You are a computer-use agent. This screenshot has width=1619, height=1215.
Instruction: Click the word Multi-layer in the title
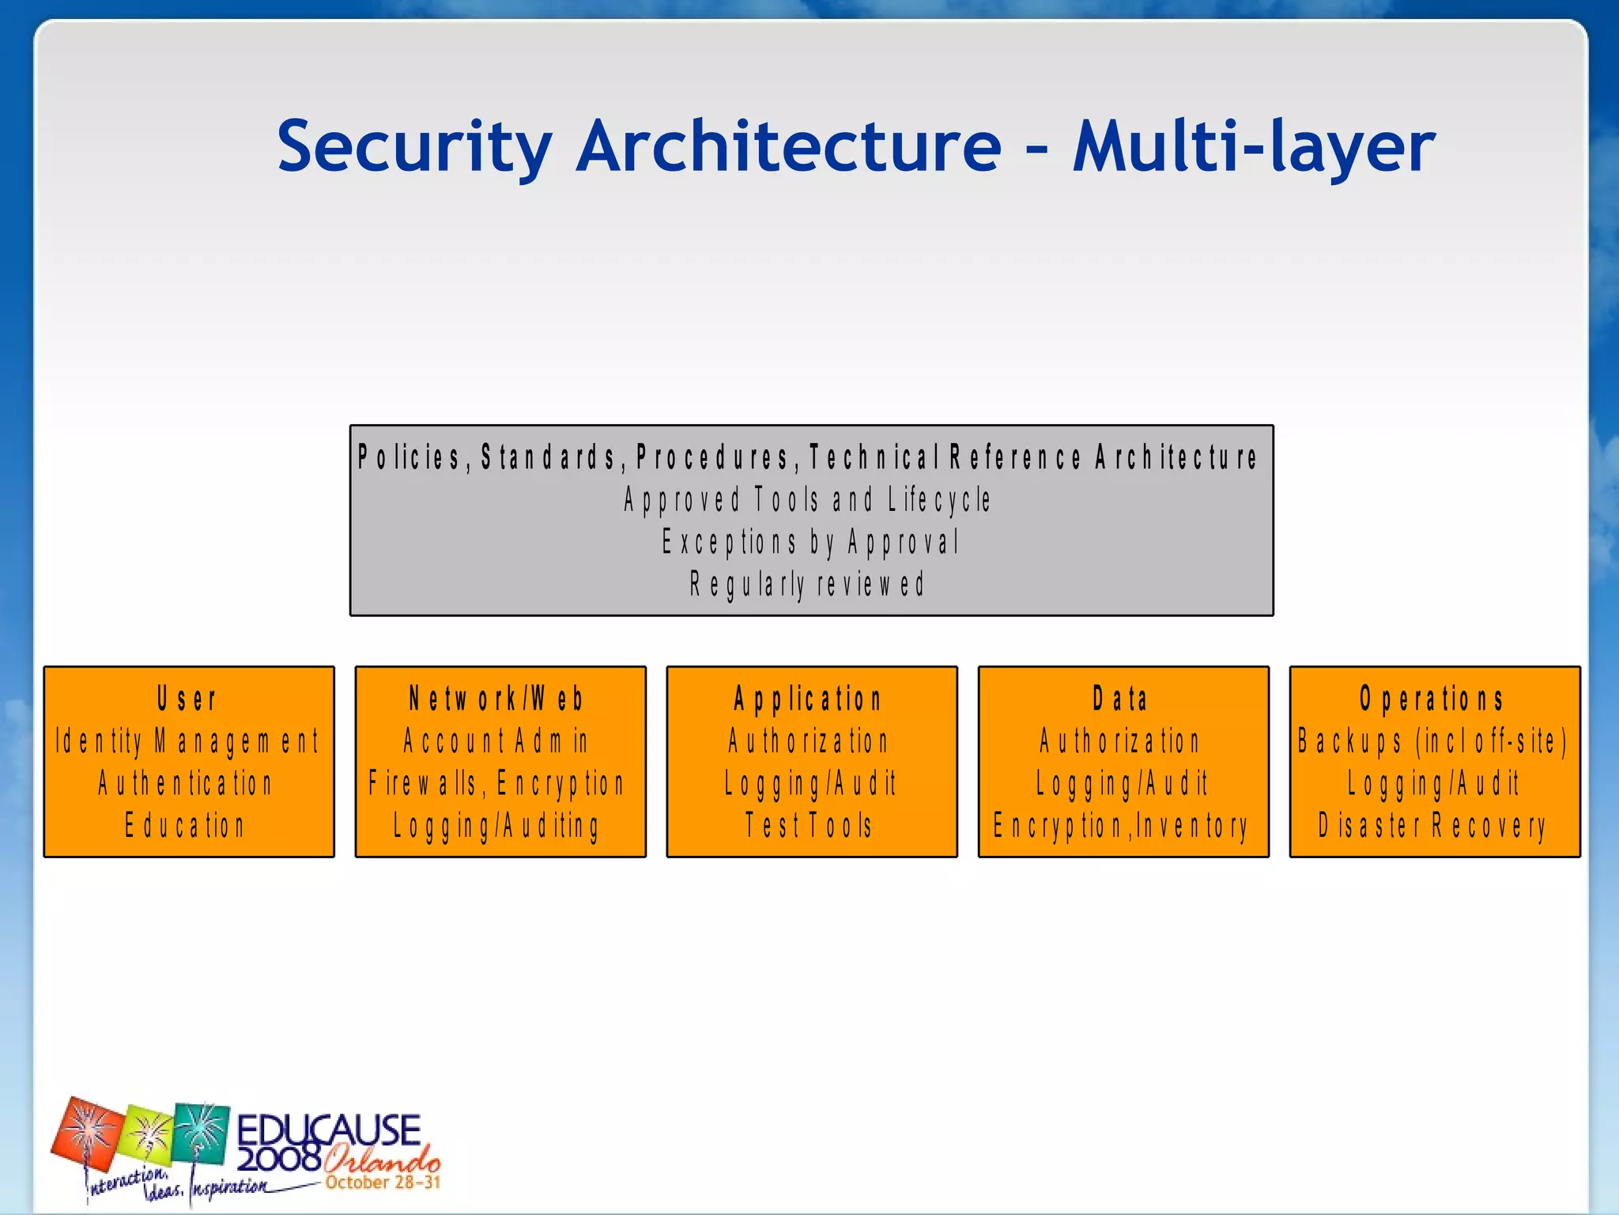click(x=1253, y=146)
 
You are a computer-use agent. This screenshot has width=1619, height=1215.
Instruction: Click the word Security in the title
click(x=414, y=146)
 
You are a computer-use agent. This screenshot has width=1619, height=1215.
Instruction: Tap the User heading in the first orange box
click(x=187, y=699)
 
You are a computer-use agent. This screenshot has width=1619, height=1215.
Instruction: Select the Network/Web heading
click(x=497, y=699)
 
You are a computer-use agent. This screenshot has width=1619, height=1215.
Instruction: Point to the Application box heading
click(x=808, y=699)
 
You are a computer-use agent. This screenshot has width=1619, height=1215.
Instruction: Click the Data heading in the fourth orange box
click(x=1121, y=699)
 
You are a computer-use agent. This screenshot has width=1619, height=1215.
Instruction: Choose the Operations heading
click(x=1432, y=699)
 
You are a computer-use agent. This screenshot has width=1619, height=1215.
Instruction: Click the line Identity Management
click(x=187, y=742)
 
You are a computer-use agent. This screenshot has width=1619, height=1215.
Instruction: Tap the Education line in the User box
click(x=186, y=826)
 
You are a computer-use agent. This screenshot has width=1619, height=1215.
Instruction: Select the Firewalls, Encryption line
click(x=497, y=784)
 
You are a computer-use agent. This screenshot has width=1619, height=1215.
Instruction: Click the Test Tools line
click(x=809, y=826)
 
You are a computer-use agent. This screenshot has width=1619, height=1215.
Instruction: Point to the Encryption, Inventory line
click(x=1121, y=826)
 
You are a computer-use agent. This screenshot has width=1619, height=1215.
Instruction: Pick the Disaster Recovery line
click(x=1432, y=826)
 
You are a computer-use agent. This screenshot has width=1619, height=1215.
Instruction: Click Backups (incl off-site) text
click(x=1432, y=742)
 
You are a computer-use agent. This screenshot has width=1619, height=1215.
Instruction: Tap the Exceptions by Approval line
click(x=810, y=543)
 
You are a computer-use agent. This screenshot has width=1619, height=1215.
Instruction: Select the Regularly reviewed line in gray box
click(x=807, y=585)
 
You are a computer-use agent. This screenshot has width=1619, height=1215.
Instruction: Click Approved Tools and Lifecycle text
click(x=807, y=500)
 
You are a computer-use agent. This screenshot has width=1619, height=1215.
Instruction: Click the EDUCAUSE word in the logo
click(x=328, y=1130)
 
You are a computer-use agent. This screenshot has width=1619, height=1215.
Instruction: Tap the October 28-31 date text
click(x=383, y=1183)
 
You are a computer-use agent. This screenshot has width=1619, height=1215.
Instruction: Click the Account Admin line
click(x=496, y=742)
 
